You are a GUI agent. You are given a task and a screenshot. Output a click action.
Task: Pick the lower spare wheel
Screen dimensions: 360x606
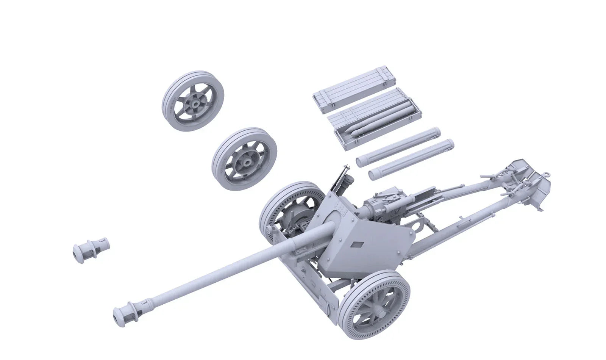[244, 159]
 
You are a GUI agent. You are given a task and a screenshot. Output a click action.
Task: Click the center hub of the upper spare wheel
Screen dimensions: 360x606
[196, 103]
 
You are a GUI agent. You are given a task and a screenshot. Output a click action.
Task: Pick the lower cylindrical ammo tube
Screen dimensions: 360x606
[411, 160]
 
